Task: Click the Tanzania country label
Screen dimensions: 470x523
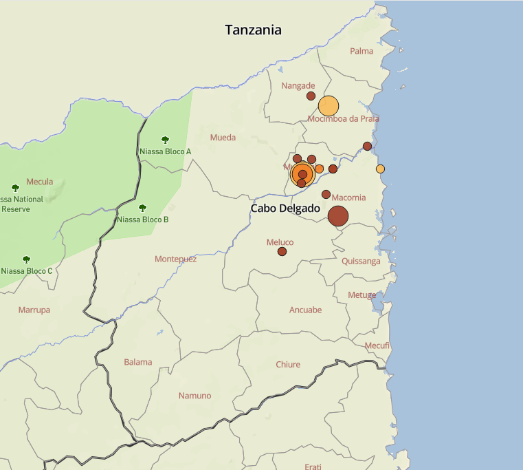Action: click(x=254, y=30)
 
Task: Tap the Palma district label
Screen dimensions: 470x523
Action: click(x=361, y=51)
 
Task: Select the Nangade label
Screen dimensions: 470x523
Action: click(x=298, y=86)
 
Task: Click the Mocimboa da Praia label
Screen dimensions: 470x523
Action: click(x=344, y=118)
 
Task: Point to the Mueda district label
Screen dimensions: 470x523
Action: click(x=223, y=138)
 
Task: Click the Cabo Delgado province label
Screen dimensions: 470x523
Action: click(x=285, y=208)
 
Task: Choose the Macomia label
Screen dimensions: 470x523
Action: click(x=348, y=197)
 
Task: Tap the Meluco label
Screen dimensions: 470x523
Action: click(x=280, y=242)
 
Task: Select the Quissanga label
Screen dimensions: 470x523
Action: click(x=361, y=261)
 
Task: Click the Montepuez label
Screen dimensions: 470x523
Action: click(x=175, y=259)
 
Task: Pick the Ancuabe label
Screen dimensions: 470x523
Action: click(x=305, y=310)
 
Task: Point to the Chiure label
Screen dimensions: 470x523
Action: click(x=288, y=364)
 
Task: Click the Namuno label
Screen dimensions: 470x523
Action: click(x=195, y=396)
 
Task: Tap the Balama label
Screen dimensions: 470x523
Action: click(x=138, y=362)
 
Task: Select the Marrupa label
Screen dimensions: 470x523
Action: click(x=34, y=310)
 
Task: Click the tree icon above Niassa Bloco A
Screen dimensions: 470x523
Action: click(x=165, y=140)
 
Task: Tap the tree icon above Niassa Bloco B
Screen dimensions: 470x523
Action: click(x=143, y=208)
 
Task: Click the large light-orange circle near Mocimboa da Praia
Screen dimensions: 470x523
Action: click(x=329, y=106)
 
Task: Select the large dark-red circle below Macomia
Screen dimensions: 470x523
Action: click(x=338, y=216)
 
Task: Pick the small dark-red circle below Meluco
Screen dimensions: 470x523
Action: click(x=282, y=252)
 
